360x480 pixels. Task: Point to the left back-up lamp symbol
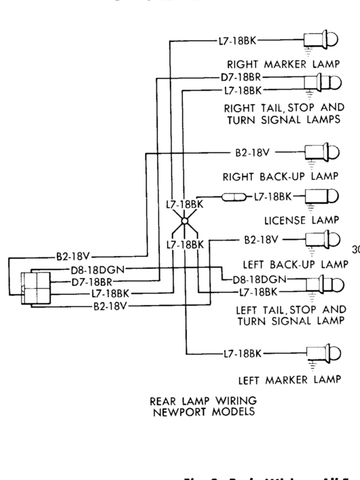point(321,239)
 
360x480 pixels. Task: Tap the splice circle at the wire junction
point(184,221)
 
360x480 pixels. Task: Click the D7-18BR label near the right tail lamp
point(241,77)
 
